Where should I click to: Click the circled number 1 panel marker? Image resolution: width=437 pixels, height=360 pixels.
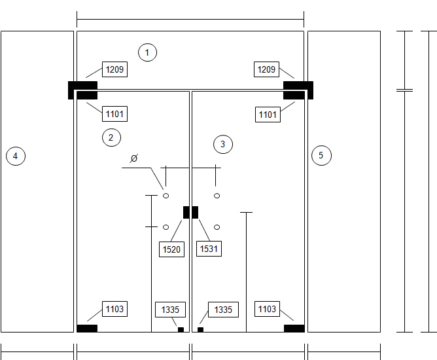click(147, 52)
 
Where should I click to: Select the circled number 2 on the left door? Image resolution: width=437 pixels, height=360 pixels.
click(111, 137)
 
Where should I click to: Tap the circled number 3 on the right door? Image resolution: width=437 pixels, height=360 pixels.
click(223, 144)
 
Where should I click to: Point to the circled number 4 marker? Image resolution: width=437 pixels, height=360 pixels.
click(16, 156)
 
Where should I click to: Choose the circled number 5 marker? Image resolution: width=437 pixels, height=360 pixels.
click(321, 155)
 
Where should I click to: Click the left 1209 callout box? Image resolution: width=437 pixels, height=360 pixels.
click(115, 69)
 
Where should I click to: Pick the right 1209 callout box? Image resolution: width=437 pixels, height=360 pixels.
click(266, 69)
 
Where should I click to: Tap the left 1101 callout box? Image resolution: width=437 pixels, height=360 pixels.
click(115, 114)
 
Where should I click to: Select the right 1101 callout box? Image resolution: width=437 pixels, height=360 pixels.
click(268, 115)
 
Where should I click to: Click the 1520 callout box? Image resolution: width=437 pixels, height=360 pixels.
click(171, 249)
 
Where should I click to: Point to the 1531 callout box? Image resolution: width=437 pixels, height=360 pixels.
click(209, 249)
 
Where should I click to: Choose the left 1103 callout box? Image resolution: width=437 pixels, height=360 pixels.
click(115, 309)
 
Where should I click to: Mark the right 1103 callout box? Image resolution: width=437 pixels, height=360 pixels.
click(268, 309)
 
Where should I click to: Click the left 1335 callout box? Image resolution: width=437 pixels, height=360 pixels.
click(170, 310)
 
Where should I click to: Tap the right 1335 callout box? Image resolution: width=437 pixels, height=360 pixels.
click(223, 310)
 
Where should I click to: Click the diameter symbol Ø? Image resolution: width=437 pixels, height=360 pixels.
click(134, 158)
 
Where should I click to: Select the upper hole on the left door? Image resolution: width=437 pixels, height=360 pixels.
click(166, 196)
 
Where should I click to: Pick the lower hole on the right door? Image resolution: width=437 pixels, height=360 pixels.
click(217, 227)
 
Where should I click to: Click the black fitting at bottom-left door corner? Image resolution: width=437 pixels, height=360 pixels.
click(87, 329)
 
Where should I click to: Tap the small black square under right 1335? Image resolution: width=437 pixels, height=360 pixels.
click(200, 330)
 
